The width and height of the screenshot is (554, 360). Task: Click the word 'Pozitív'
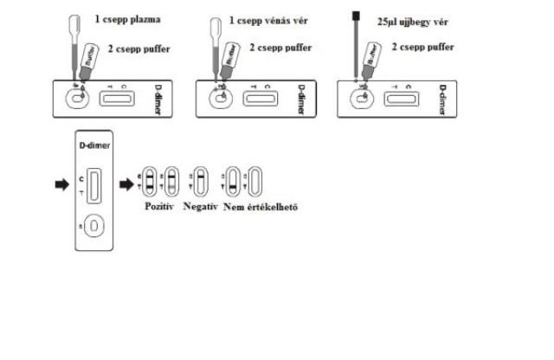coord(158,208)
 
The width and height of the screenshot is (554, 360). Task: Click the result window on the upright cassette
coord(93,184)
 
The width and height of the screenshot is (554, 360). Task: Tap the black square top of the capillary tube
coord(356,15)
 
